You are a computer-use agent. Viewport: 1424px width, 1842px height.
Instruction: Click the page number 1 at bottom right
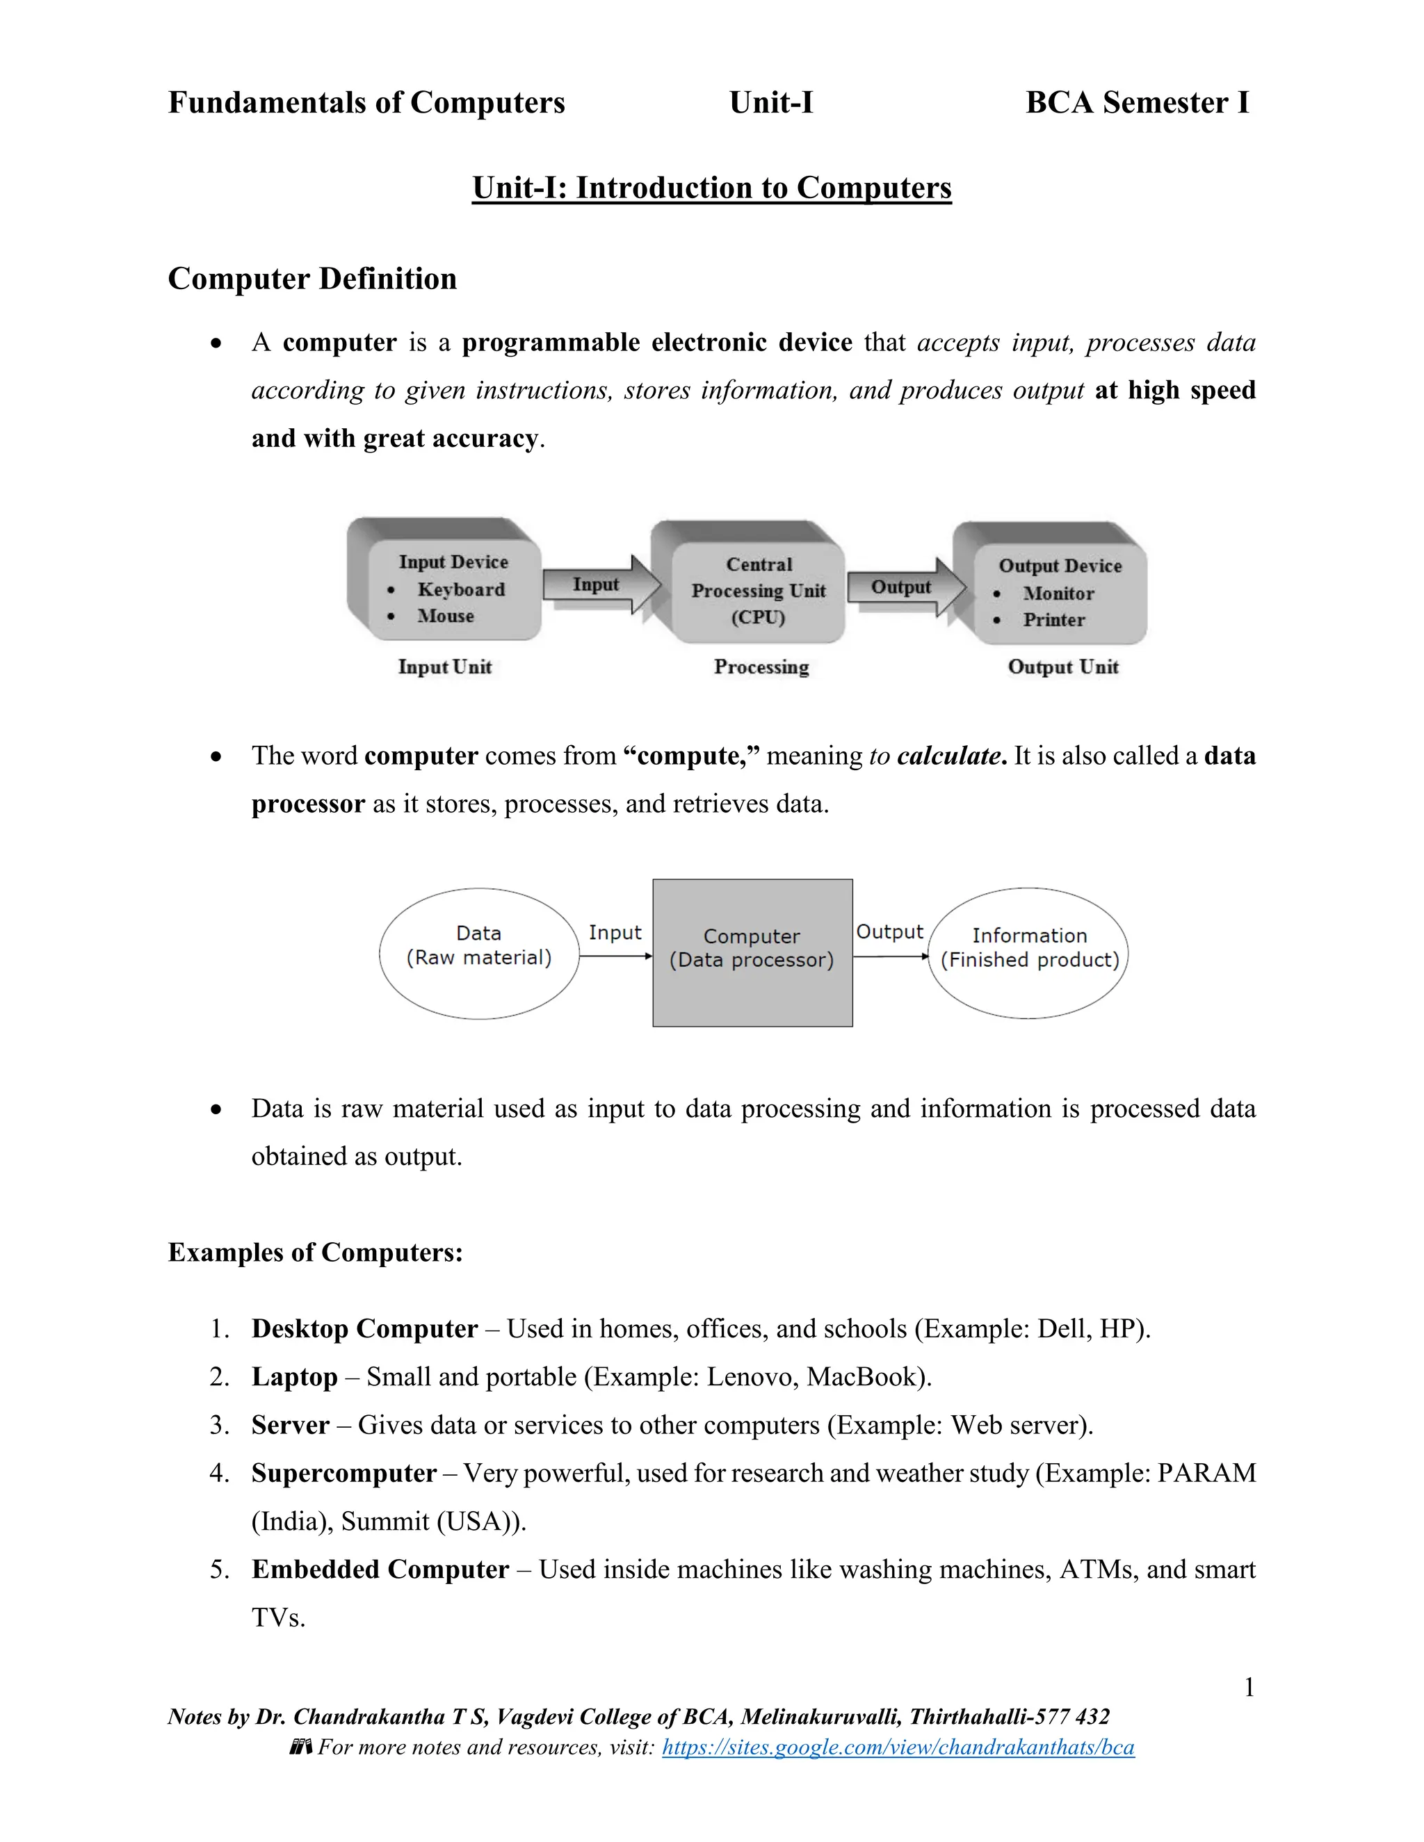click(1249, 1688)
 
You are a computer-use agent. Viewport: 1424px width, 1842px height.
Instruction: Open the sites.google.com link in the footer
click(898, 1747)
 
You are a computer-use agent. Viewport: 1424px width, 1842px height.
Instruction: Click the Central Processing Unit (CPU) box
click(758, 590)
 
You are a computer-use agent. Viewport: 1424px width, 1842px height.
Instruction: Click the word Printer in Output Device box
click(1053, 620)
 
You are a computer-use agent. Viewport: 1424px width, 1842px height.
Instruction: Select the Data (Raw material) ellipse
click(478, 953)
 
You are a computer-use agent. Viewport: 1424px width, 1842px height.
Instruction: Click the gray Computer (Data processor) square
click(752, 952)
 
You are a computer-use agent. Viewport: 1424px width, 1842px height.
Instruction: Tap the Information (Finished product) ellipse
click(1028, 952)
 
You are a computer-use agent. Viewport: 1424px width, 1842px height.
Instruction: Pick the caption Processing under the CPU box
click(761, 667)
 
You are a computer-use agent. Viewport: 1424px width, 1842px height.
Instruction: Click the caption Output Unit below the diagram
click(1063, 667)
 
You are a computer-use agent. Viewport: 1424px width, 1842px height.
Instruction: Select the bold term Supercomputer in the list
click(343, 1474)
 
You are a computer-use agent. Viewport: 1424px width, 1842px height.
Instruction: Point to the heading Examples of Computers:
click(316, 1253)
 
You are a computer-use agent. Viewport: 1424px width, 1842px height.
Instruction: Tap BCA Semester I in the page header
click(1136, 103)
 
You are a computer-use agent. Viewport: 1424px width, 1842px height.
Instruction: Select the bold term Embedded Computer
click(380, 1570)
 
